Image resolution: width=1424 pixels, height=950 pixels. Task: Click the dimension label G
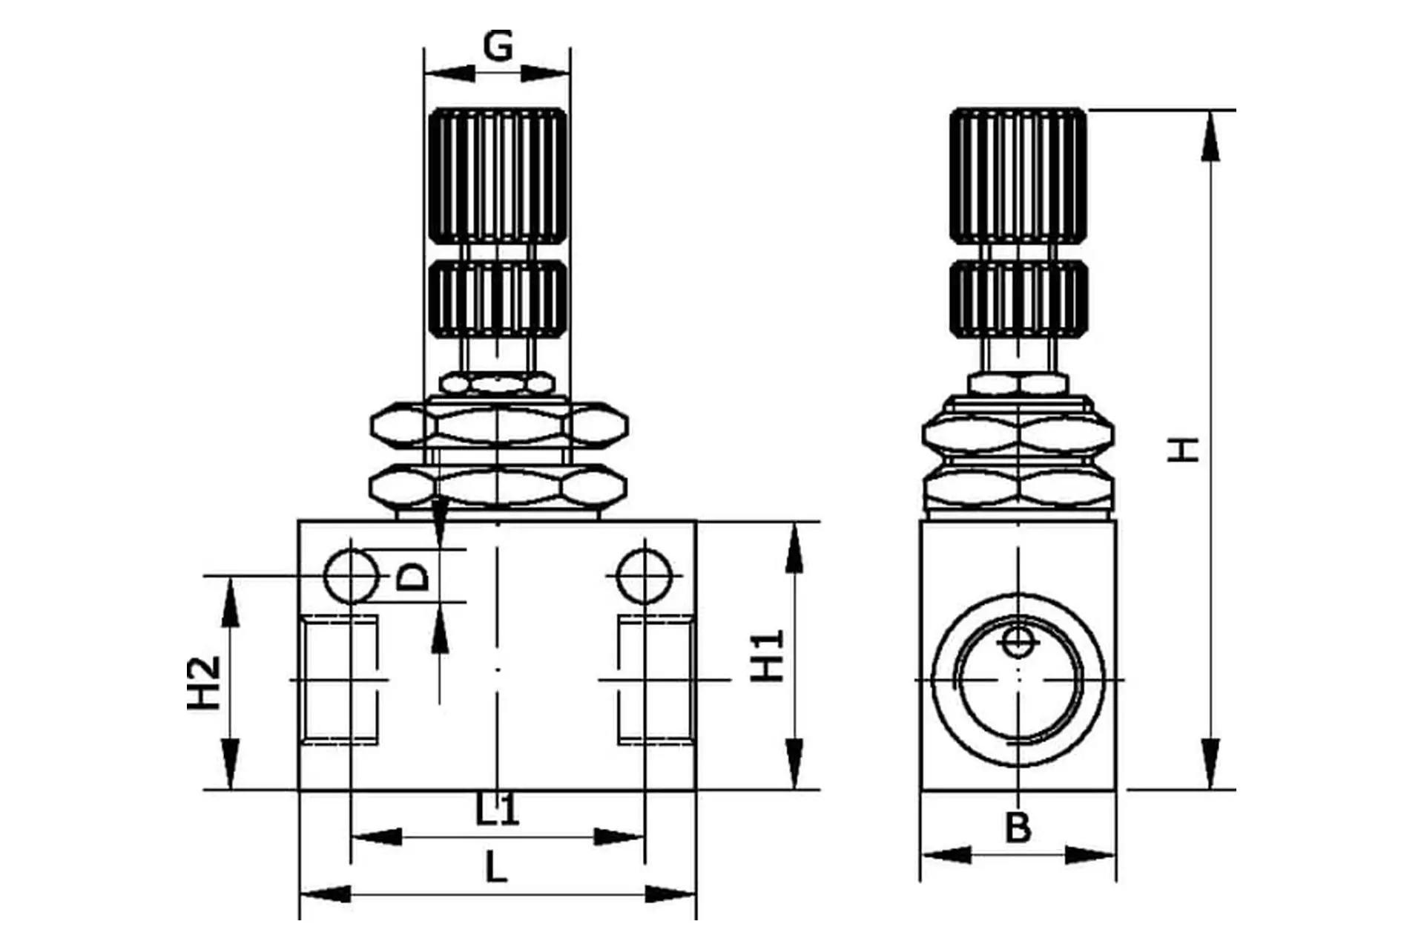click(x=498, y=46)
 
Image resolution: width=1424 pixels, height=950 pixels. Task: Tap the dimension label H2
click(x=204, y=683)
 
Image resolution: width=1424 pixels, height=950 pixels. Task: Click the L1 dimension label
click(x=497, y=810)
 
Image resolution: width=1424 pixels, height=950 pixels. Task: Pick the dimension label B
click(x=1018, y=828)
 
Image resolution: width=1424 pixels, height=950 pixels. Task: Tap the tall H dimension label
click(x=1183, y=450)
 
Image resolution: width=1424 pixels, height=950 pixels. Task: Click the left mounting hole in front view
click(x=352, y=576)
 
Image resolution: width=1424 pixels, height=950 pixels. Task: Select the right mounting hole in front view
click(x=645, y=576)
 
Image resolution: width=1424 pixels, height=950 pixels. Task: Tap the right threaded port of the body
click(x=656, y=679)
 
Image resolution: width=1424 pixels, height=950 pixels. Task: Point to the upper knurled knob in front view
click(x=498, y=175)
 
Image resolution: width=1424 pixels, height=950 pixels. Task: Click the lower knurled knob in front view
click(x=498, y=298)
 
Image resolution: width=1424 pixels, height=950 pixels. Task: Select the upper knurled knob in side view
click(x=1018, y=175)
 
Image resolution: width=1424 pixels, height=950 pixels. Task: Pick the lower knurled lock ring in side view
click(x=1018, y=298)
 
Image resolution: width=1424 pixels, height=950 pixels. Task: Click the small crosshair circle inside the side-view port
click(x=1018, y=643)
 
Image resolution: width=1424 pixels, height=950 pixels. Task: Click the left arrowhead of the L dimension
click(x=326, y=894)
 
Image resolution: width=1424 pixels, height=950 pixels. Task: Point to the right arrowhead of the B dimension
click(x=1090, y=855)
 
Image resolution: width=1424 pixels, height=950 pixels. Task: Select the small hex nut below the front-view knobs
click(x=497, y=384)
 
